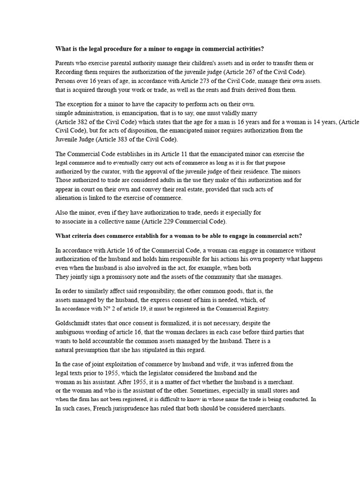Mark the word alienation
coord(68,198)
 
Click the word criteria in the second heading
coord(87,235)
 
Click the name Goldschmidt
coord(75,323)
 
